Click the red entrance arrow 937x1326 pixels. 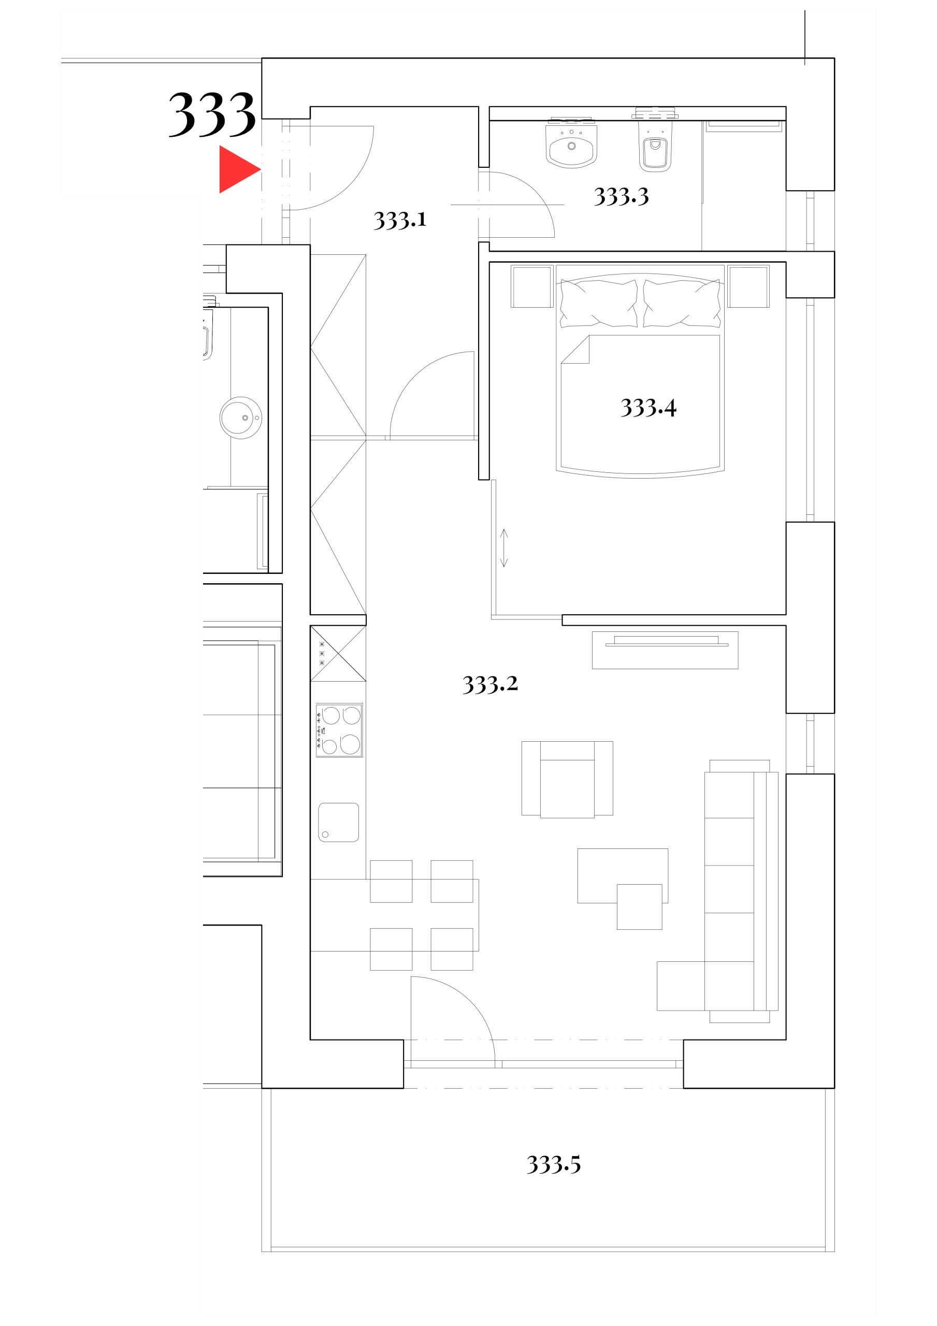point(237,169)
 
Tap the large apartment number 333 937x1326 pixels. point(212,115)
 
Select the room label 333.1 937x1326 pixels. point(400,220)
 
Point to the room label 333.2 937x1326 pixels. point(490,684)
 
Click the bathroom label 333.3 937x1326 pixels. point(621,197)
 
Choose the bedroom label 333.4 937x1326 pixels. point(648,408)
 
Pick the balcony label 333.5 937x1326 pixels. point(553,1165)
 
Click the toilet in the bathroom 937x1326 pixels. point(655,149)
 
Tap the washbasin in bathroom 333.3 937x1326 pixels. point(571,146)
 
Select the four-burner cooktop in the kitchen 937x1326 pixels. point(339,730)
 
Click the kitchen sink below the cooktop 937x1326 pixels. point(339,823)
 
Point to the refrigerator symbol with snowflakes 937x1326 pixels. point(338,653)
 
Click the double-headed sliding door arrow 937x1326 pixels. point(504,547)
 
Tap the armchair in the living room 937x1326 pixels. point(567,779)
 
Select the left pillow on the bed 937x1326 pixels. point(598,303)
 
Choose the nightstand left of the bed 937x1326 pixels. point(532,286)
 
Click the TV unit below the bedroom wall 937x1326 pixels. point(665,650)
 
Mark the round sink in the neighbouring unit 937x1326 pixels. point(241,417)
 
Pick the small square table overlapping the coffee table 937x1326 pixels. point(639,907)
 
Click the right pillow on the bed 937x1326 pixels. point(682,303)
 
